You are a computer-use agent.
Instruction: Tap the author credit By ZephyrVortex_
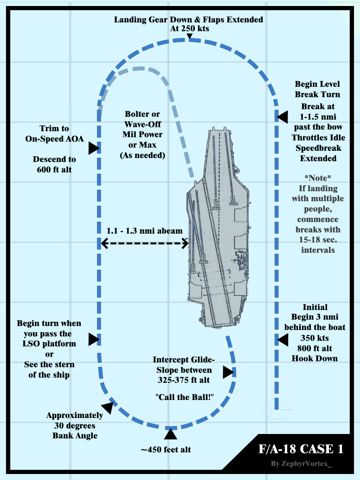click(x=302, y=464)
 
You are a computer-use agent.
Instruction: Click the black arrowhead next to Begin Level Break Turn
click(x=282, y=117)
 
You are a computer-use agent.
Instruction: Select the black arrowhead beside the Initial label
click(x=282, y=340)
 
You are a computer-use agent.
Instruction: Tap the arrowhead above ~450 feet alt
click(x=170, y=435)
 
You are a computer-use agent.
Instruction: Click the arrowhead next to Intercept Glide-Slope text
click(x=228, y=372)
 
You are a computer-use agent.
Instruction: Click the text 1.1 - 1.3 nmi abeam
click(x=144, y=231)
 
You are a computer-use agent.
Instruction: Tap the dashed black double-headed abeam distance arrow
click(x=144, y=243)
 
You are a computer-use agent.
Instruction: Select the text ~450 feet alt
click(x=166, y=450)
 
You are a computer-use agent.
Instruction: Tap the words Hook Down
click(x=314, y=358)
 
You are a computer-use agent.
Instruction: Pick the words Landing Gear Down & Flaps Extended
click(x=189, y=19)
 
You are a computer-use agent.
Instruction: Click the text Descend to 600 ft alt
click(x=54, y=164)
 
